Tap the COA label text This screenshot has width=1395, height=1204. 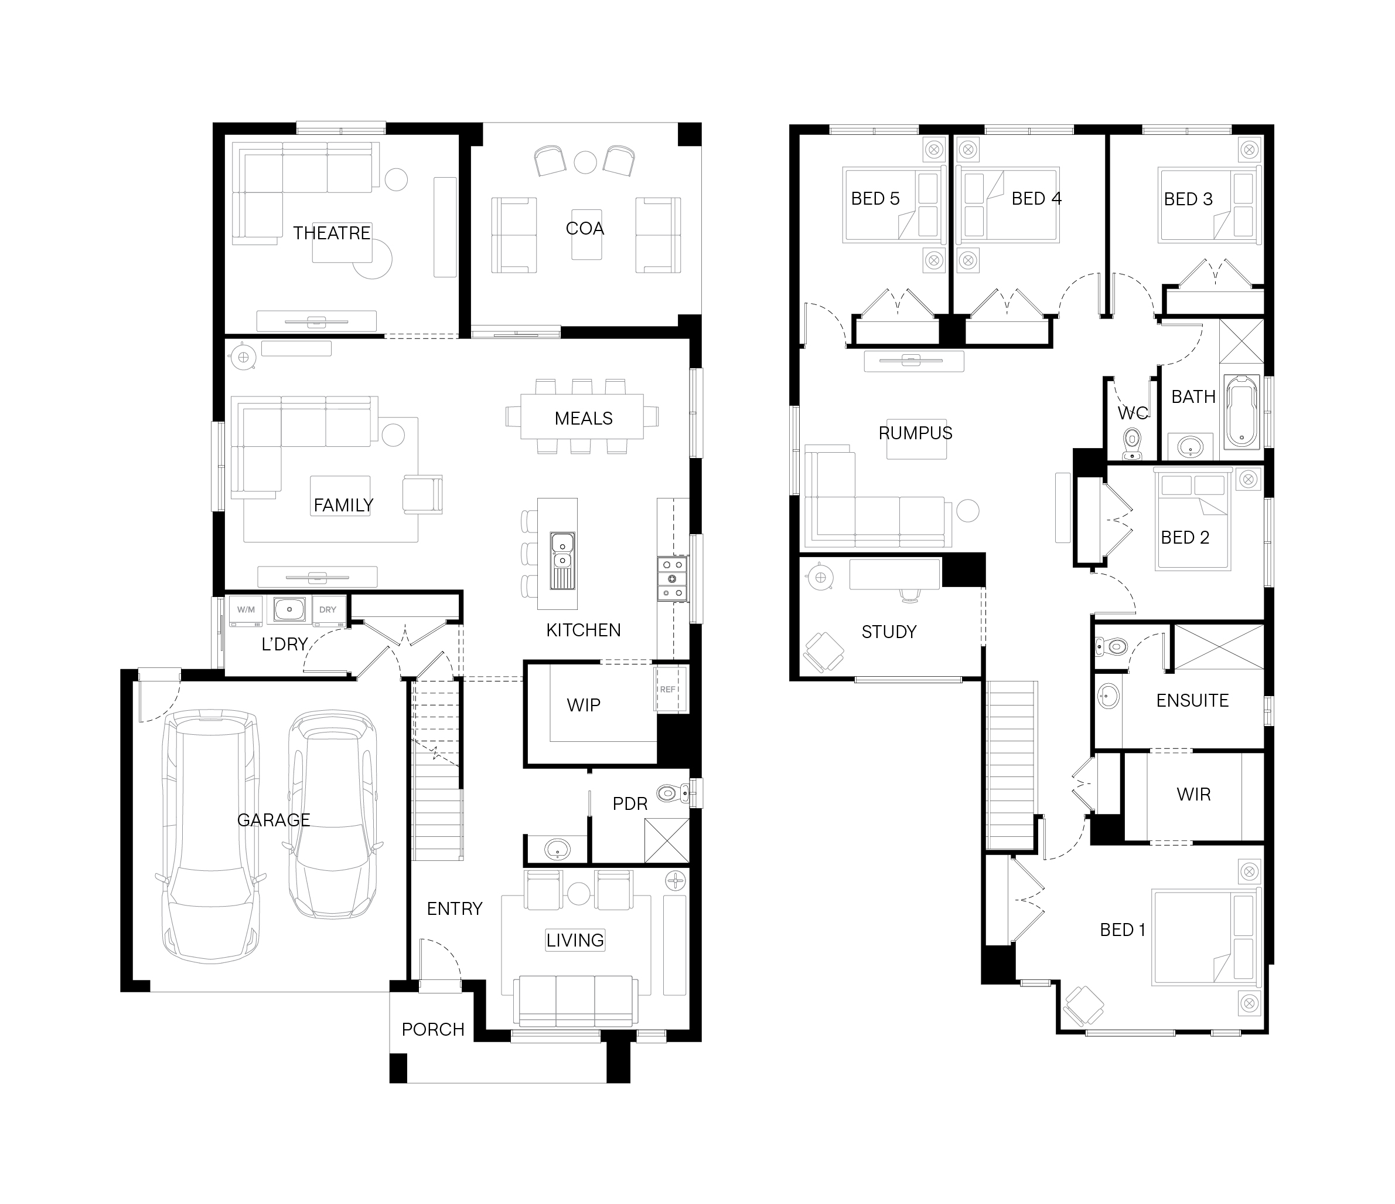click(584, 228)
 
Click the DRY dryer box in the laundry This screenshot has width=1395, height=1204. click(328, 610)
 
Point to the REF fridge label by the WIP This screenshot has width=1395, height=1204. click(667, 689)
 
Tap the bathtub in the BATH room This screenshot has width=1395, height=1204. click(1241, 412)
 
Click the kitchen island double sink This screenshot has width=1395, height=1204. click(562, 560)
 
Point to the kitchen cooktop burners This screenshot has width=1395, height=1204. click(673, 578)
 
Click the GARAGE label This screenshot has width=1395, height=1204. click(274, 820)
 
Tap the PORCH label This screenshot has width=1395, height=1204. click(433, 1029)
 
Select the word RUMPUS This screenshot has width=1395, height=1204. click(915, 433)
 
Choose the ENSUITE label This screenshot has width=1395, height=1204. click(1192, 700)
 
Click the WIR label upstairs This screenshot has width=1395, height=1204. click(1193, 794)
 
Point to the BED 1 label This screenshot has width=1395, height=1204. click(1123, 930)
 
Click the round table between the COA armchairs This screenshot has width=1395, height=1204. click(584, 162)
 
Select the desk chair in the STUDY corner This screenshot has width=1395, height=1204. click(823, 652)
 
